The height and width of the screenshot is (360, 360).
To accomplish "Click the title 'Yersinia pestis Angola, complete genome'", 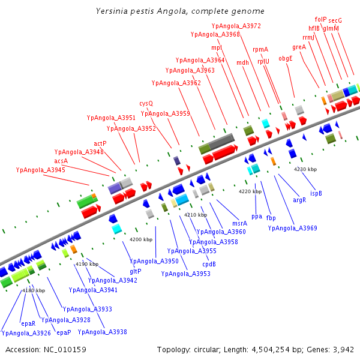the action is [x=180, y=11].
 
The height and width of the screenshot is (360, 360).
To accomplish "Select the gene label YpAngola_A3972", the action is [x=236, y=26].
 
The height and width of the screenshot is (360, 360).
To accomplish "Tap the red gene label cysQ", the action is [x=146, y=103].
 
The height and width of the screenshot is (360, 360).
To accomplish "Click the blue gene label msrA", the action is [x=239, y=223].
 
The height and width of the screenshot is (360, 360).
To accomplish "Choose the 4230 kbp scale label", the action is [x=304, y=169].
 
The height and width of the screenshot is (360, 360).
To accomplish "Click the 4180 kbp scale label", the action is [x=34, y=290].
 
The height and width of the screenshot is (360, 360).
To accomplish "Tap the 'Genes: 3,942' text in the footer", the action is [x=335, y=349].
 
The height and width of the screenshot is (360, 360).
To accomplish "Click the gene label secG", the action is [x=335, y=20].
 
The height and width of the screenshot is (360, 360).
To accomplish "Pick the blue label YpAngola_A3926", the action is [x=26, y=332].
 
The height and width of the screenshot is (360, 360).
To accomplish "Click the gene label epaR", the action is [x=28, y=323].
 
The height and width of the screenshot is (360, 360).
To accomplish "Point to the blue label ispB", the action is [x=316, y=193].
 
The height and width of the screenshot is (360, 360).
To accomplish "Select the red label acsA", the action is [x=61, y=161].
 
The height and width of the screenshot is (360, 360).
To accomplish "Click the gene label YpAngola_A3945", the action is [x=41, y=170].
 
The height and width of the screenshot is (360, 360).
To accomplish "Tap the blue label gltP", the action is [x=136, y=271].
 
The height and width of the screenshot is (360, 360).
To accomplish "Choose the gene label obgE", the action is [x=286, y=58].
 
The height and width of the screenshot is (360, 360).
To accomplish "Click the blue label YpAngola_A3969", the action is [x=293, y=228].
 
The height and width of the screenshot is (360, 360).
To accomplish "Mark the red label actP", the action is [x=100, y=143].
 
